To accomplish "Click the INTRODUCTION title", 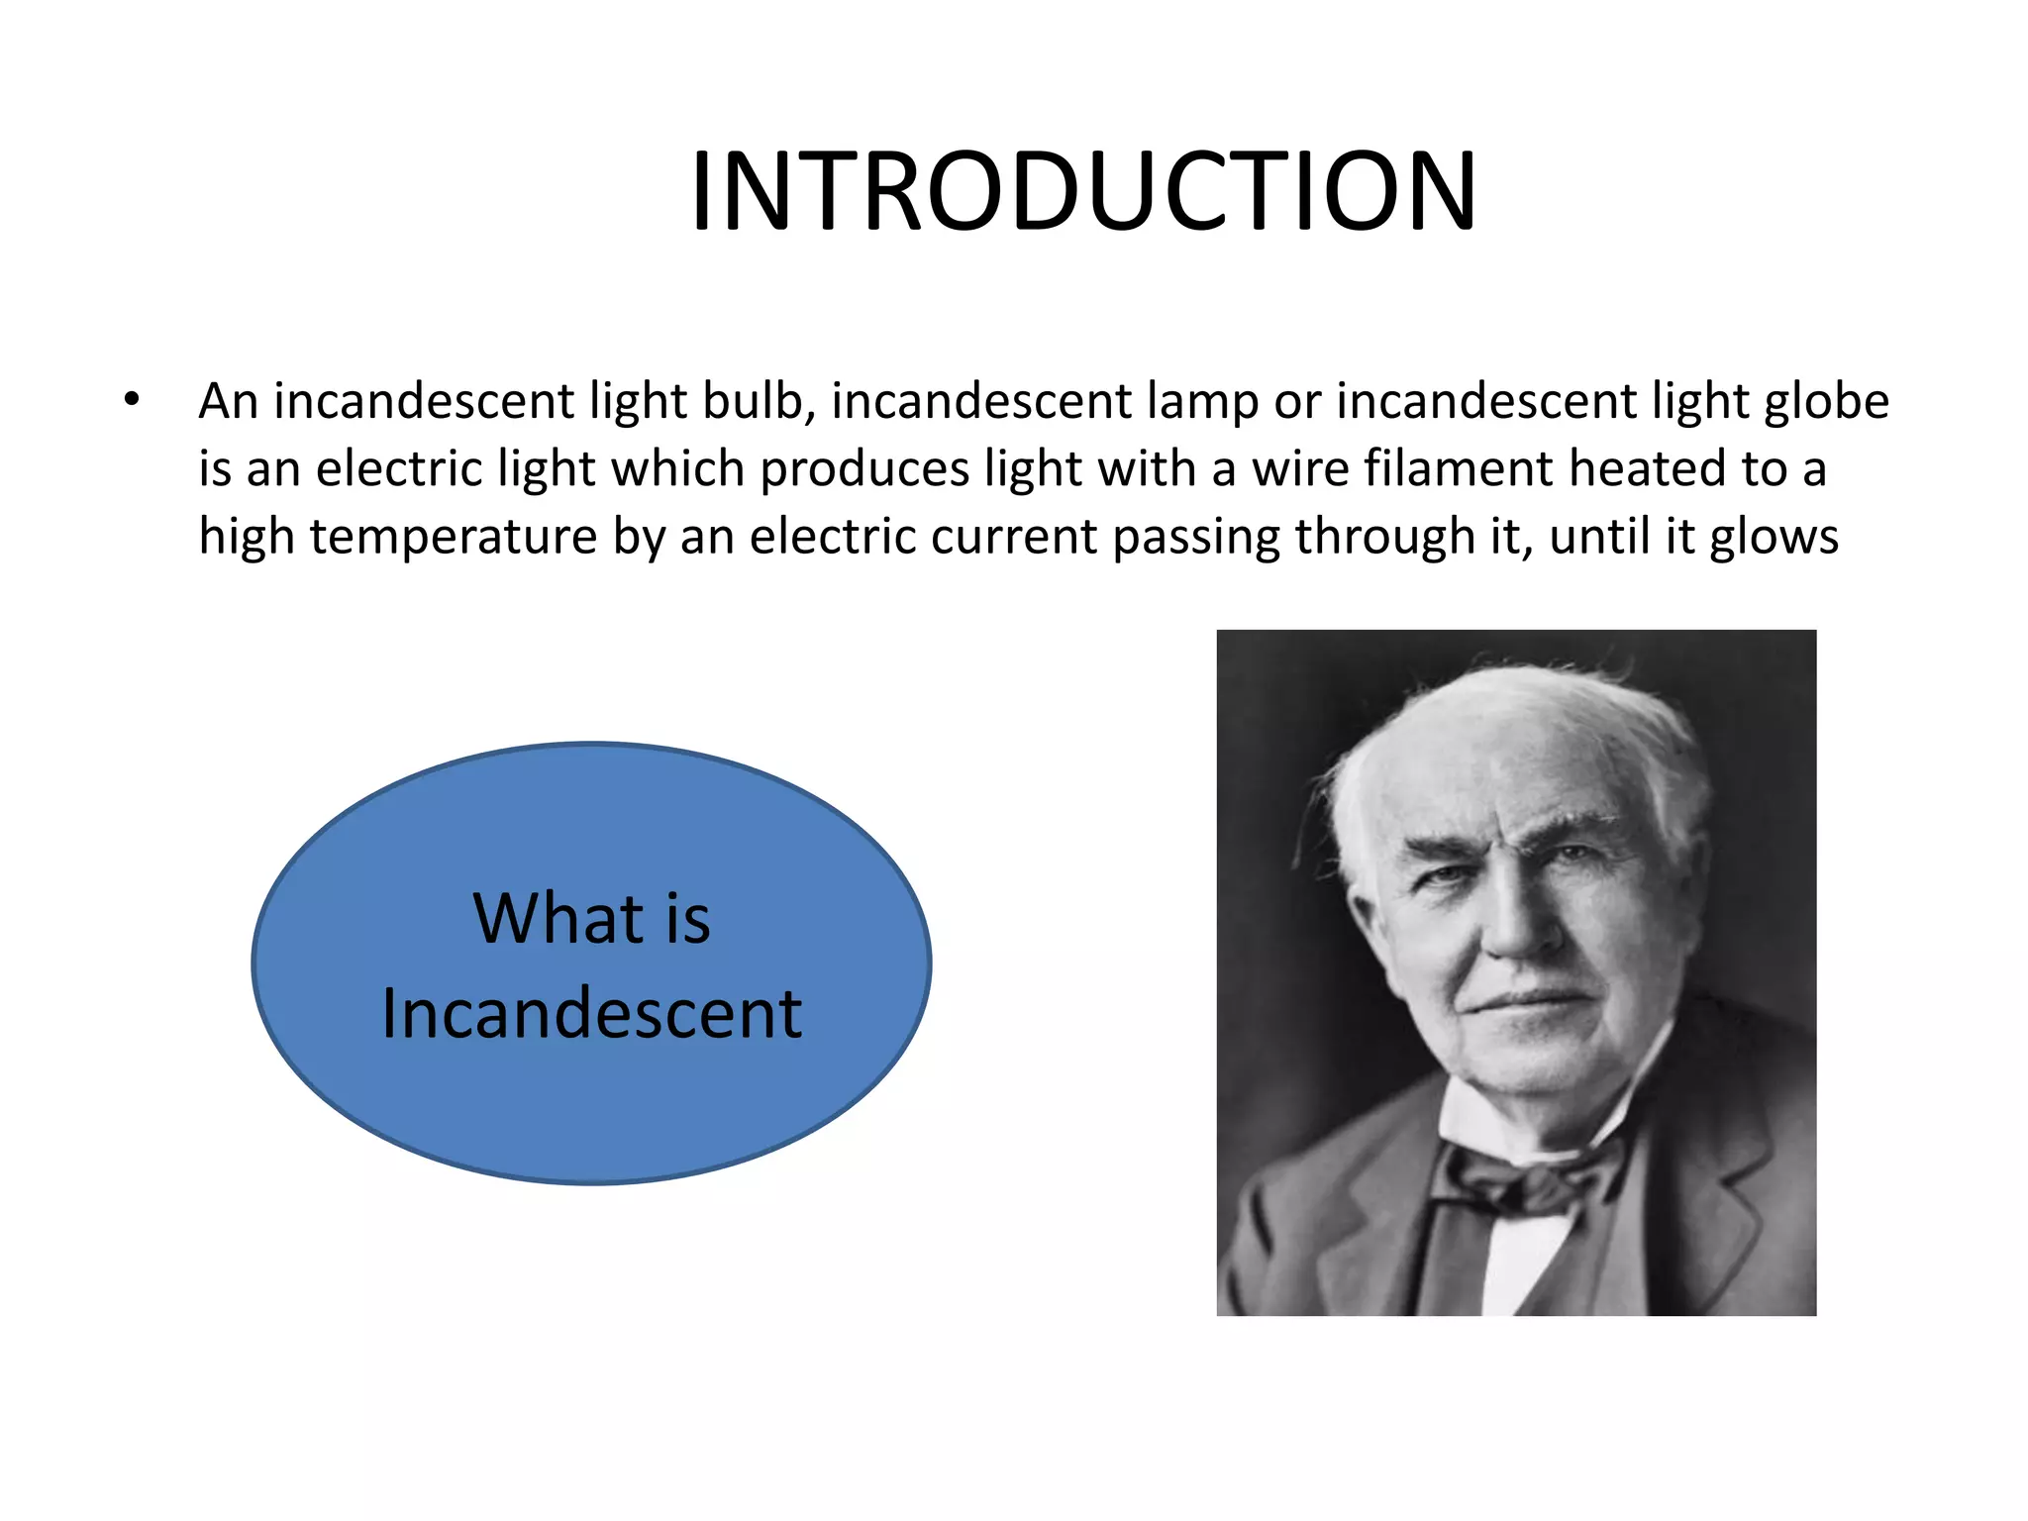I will click(x=1083, y=191).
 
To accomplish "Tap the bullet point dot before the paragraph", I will click(x=133, y=401).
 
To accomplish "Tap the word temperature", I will click(x=454, y=538).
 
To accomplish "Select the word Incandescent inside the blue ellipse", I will click(x=591, y=1014).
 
